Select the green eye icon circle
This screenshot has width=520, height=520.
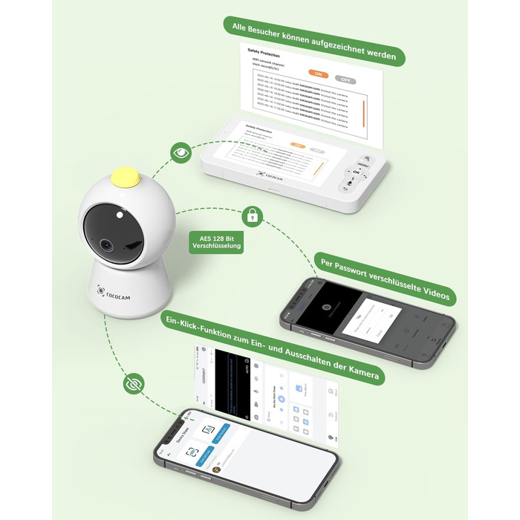click(181, 153)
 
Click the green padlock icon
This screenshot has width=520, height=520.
click(253, 217)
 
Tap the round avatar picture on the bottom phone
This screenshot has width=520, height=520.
click(218, 469)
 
